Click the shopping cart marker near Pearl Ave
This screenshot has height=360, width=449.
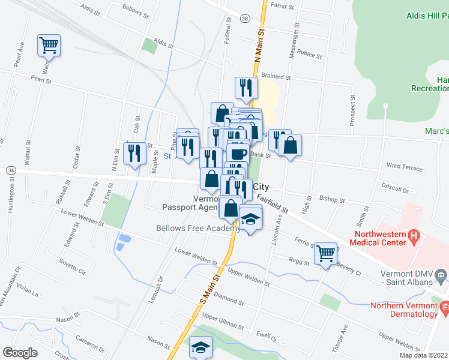point(49,45)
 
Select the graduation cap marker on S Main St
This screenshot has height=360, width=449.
point(200,347)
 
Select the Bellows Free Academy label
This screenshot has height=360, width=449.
point(198,228)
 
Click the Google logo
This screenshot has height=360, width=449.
point(20,353)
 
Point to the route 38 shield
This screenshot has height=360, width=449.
point(245,19)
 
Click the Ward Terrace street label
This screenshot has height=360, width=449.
point(405,168)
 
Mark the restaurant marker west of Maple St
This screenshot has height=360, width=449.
point(134,153)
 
